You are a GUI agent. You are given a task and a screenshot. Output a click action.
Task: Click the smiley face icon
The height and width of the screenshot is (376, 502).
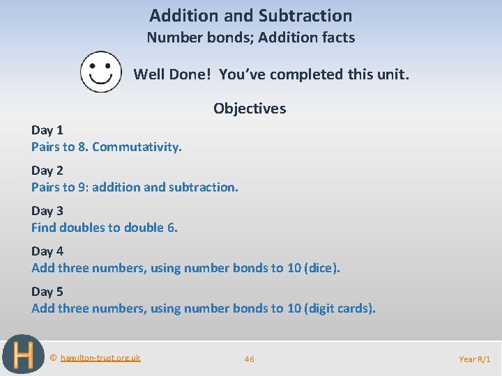(100, 72)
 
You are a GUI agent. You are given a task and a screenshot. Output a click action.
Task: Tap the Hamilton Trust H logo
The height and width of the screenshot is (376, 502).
(23, 356)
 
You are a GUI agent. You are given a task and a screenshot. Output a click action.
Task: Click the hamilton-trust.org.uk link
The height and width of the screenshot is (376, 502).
(100, 358)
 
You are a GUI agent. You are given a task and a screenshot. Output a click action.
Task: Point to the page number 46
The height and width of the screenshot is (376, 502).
(249, 359)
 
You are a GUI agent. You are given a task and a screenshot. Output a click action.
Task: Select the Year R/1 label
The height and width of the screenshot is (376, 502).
(475, 359)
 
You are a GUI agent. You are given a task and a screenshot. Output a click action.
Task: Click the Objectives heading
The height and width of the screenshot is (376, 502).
(250, 109)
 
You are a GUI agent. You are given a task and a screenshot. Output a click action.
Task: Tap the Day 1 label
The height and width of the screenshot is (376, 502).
(47, 130)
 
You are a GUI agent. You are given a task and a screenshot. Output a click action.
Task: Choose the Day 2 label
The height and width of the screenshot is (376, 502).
(47, 171)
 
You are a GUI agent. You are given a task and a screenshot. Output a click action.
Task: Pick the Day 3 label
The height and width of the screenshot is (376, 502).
(47, 211)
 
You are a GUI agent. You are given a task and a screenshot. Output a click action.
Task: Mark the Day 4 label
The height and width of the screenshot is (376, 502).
(47, 251)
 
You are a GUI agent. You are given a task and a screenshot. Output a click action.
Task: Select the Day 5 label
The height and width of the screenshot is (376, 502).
(47, 292)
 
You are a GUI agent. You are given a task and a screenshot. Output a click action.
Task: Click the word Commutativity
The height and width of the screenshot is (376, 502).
(137, 147)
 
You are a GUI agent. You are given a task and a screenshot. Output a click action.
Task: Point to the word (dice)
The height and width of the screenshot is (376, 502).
(323, 268)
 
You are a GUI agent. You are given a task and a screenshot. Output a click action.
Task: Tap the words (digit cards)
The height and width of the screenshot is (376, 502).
(340, 308)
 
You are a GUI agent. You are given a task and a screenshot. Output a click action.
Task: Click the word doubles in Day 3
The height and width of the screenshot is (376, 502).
(82, 228)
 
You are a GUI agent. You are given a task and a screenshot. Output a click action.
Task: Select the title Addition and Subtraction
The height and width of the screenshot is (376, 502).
(251, 15)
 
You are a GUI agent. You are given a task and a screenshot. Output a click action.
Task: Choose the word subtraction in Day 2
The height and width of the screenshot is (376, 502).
(205, 187)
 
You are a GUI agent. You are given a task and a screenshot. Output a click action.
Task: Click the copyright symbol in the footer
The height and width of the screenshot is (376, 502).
(54, 358)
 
